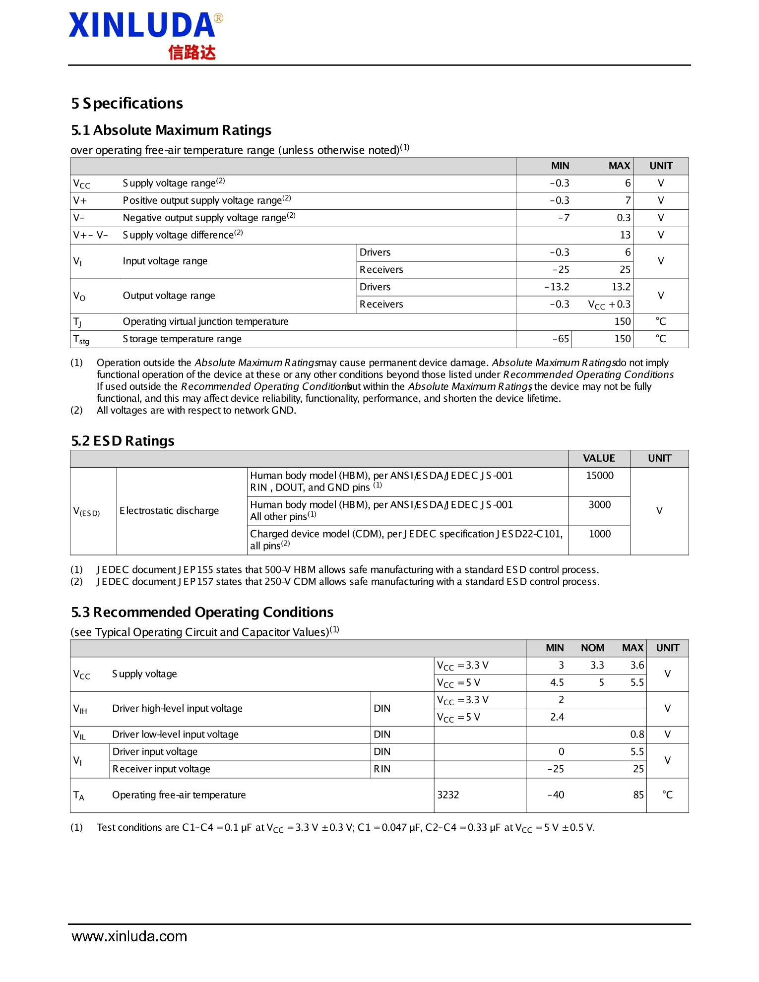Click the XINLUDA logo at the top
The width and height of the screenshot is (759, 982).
tap(145, 35)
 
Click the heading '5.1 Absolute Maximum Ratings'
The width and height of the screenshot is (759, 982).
tap(171, 130)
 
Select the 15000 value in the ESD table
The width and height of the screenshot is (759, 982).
tap(599, 476)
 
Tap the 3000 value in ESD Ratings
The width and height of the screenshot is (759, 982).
tap(599, 505)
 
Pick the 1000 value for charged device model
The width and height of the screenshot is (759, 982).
tap(599, 534)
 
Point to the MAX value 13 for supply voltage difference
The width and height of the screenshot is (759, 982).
tap(625, 235)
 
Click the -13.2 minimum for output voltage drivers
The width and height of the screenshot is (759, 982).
tap(557, 287)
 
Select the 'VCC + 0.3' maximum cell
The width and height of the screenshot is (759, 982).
tap(609, 305)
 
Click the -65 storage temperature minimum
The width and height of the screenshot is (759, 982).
tap(561, 339)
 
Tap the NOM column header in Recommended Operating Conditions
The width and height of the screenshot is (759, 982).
tap(592, 648)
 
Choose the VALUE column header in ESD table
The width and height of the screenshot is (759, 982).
tap(599, 458)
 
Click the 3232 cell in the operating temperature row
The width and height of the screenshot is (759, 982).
tap(448, 795)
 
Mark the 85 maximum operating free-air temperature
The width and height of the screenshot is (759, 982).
tap(638, 795)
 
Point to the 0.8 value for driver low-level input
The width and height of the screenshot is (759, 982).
tap(637, 735)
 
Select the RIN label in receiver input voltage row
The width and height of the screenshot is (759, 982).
tap(382, 769)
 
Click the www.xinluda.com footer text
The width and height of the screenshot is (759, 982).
tap(129, 936)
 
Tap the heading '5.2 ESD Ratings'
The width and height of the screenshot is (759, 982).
tap(123, 441)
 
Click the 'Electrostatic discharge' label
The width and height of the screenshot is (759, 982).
tap(169, 511)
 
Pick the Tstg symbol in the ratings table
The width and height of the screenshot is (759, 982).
tap(81, 340)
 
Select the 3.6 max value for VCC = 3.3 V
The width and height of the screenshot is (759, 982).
tap(637, 666)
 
